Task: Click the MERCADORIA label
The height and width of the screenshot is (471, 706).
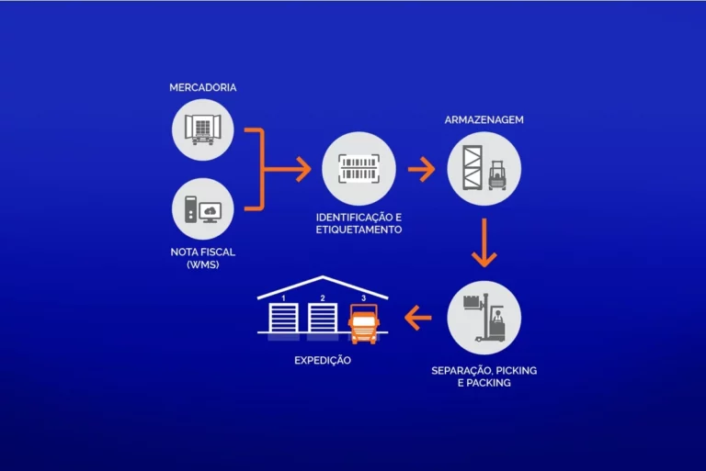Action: [x=202, y=87]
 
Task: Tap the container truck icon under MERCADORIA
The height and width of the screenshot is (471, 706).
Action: [x=202, y=129]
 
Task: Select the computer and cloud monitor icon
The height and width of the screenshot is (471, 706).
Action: [x=202, y=209]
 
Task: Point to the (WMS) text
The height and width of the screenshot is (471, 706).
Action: [x=202, y=264]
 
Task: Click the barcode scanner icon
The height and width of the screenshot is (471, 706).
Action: [x=359, y=169]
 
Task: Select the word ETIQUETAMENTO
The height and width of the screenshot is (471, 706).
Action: [x=359, y=230]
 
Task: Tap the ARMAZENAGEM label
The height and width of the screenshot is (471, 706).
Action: [x=484, y=119]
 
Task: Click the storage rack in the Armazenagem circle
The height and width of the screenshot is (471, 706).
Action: [x=473, y=167]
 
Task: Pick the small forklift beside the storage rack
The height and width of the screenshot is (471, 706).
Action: [x=497, y=175]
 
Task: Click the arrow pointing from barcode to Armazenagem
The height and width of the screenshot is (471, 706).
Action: [x=421, y=169]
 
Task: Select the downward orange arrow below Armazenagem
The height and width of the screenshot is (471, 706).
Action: [x=484, y=242]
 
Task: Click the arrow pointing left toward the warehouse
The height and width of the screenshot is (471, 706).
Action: [x=418, y=318]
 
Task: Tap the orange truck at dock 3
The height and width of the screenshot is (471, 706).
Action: [x=363, y=324]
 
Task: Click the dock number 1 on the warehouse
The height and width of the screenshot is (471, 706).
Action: [x=283, y=298]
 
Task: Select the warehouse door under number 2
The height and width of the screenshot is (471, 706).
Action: [x=323, y=318]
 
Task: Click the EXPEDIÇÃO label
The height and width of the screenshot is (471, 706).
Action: [x=323, y=360]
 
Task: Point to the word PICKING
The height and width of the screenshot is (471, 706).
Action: [x=517, y=371]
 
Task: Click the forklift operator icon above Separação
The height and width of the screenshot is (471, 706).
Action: [x=484, y=318]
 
